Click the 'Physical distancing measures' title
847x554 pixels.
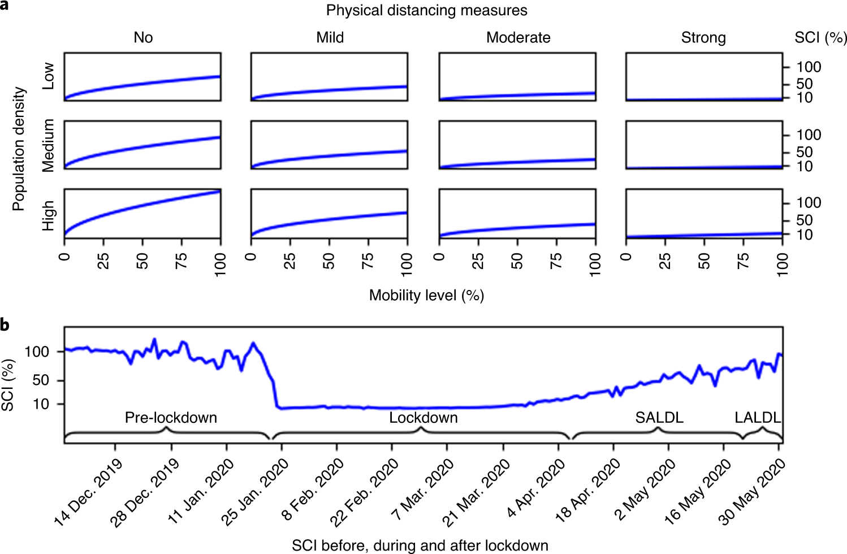tap(426, 10)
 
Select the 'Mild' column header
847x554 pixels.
tap(330, 38)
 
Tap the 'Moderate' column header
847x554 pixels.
tap(518, 38)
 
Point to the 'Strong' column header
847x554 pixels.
tap(703, 38)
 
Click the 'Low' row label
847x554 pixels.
tap(49, 76)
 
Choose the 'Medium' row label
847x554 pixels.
tap(49, 145)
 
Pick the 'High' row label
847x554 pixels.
tap(49, 215)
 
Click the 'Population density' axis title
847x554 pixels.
tap(19, 148)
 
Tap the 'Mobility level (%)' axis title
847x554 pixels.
tap(426, 295)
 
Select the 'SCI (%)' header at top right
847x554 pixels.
tap(820, 38)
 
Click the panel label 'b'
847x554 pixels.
tap(5, 326)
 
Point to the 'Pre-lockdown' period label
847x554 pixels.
tap(171, 418)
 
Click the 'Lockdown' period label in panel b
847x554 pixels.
tap(423, 418)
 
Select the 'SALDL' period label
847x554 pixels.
tap(659, 418)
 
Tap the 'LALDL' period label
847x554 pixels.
tap(758, 418)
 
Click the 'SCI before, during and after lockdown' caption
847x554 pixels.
tap(420, 546)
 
